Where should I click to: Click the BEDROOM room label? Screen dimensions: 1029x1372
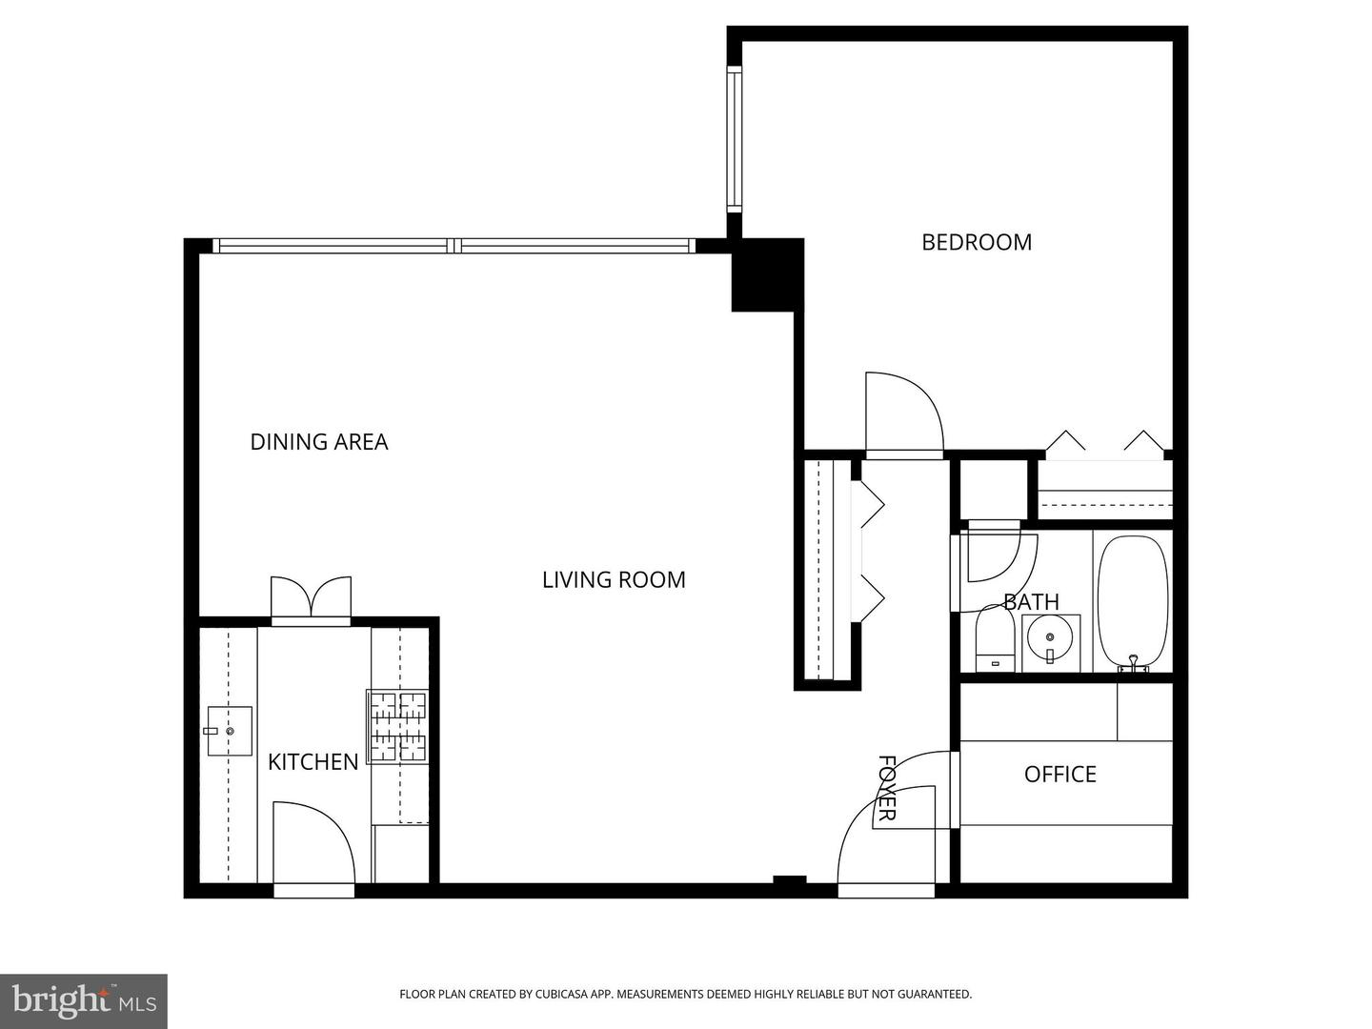[x=977, y=242]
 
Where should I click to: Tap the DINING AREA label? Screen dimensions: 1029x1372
[x=319, y=442]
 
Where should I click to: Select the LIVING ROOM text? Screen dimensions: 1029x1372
[x=614, y=579]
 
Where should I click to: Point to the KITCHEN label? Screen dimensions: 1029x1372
[x=313, y=761]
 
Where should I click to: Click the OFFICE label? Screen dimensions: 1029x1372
[x=1059, y=774]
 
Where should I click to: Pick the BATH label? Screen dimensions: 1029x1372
[x=1031, y=602]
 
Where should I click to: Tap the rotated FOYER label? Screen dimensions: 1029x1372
[x=886, y=787]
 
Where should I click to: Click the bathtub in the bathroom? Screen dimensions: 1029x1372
[x=1133, y=602]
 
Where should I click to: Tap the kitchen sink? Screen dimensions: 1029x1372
[x=230, y=731]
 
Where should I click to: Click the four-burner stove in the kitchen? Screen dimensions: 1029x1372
[x=398, y=726]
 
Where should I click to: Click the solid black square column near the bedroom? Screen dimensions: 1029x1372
[x=767, y=274]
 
